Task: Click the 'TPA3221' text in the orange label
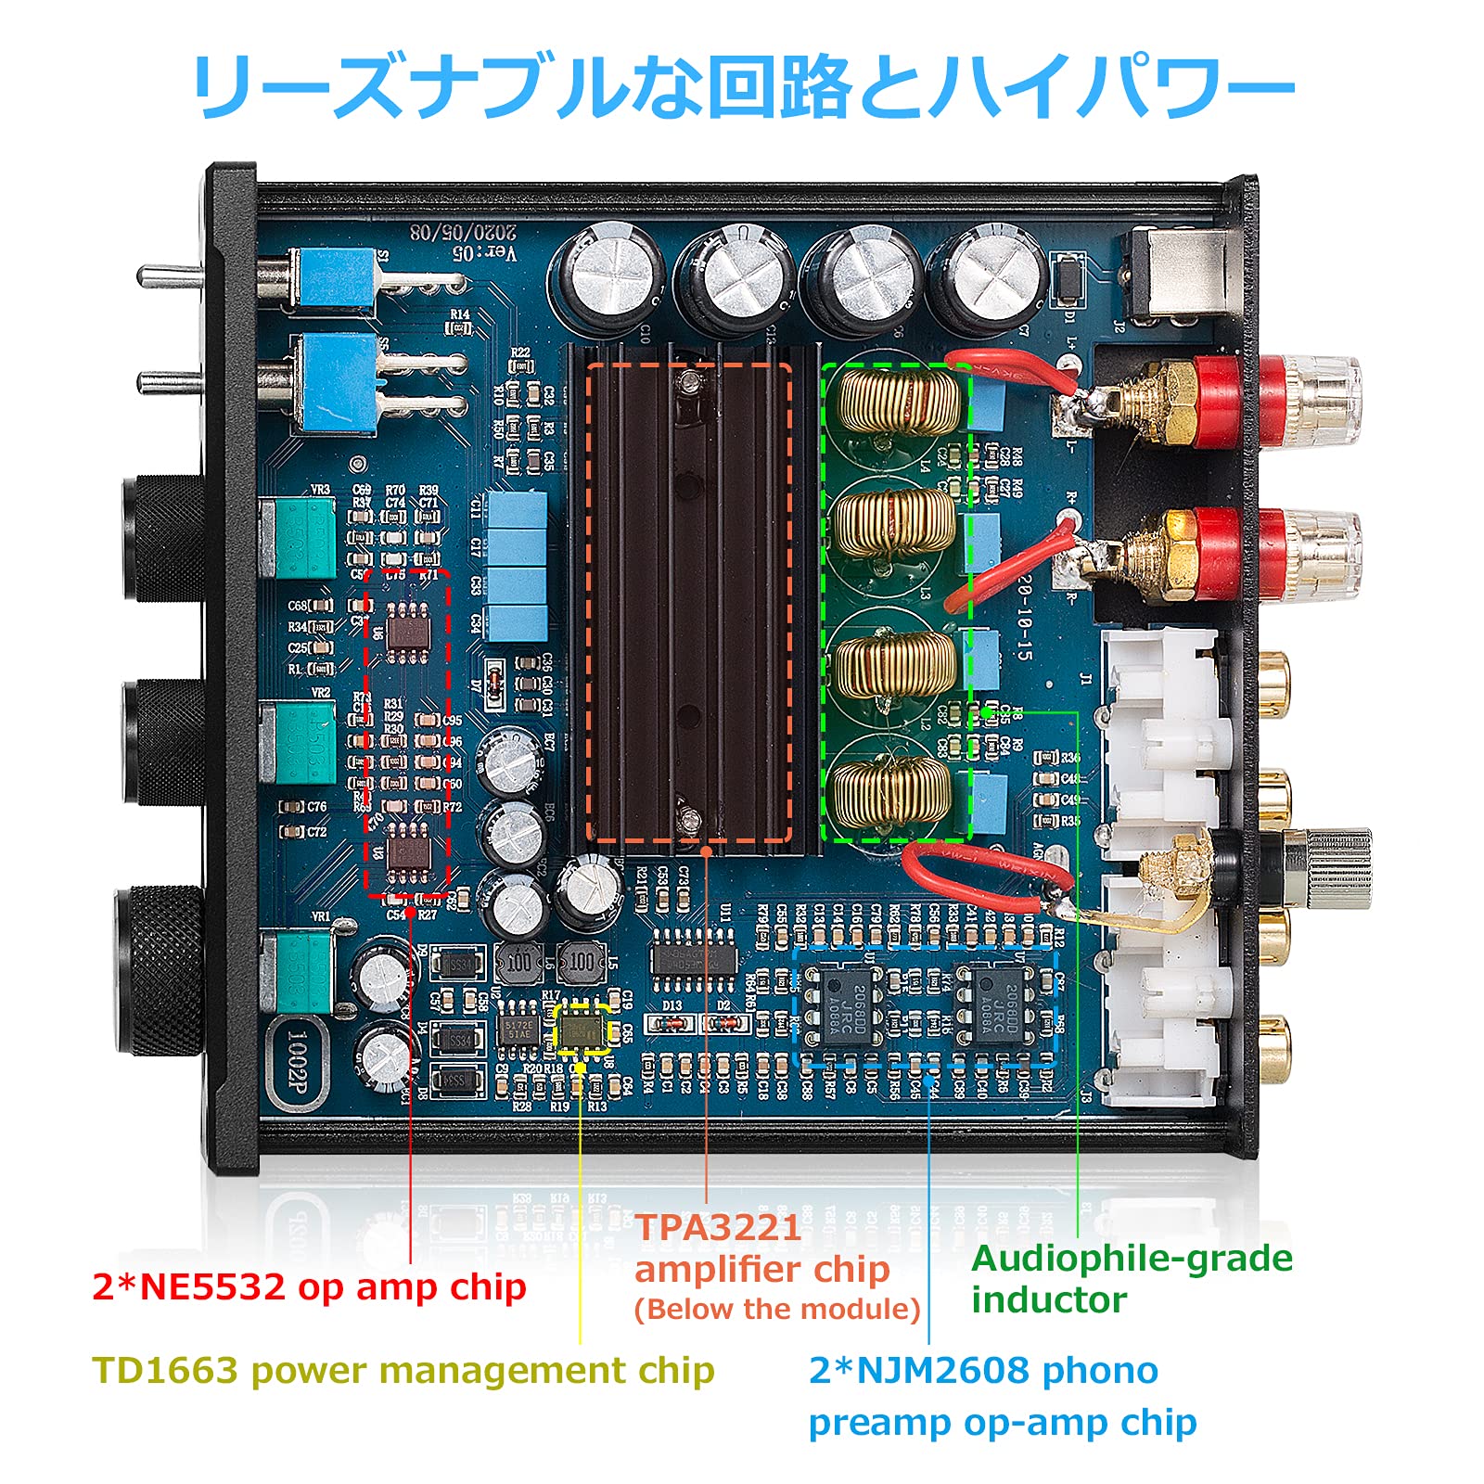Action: click(718, 1227)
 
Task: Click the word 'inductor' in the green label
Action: click(1048, 1299)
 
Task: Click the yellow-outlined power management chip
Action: click(582, 1029)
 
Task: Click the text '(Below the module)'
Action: click(777, 1309)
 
